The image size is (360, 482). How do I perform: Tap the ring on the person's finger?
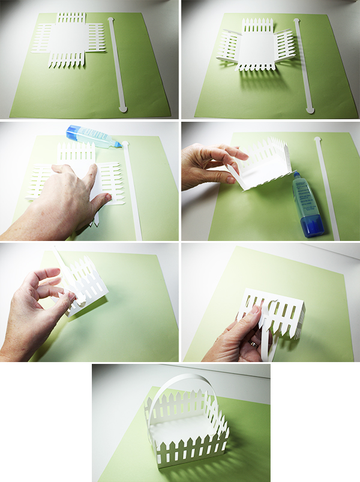[253, 344]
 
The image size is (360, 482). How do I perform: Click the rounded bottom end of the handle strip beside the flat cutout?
[123, 108]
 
